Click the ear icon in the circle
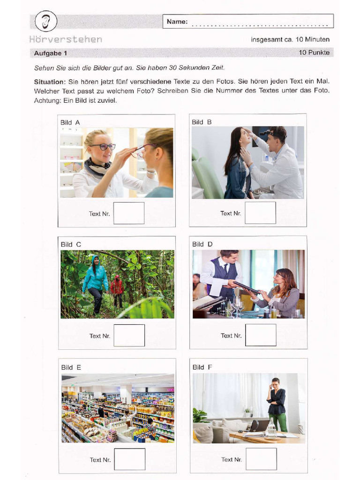45,22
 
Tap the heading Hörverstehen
66,39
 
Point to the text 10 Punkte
314,52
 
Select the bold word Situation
49,82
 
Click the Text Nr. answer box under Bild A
129,213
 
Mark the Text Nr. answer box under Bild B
260,213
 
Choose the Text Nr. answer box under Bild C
129,336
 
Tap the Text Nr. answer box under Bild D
261,335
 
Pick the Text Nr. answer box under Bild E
129,459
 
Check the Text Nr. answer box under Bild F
261,459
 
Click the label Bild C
71,244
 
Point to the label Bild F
202,367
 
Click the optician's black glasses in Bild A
103,147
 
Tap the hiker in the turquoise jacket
96,281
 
